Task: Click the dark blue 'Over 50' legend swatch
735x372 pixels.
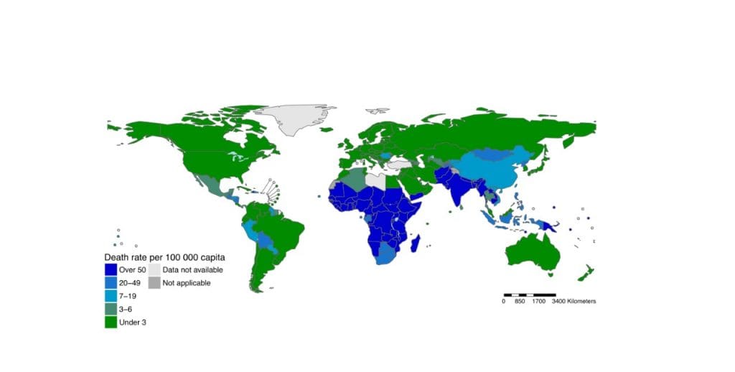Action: (111, 269)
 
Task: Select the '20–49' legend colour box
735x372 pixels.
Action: (111, 283)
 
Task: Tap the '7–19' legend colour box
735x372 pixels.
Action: (111, 296)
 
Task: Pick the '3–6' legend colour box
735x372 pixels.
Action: (111, 309)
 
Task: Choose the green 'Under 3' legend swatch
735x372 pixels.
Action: (111, 322)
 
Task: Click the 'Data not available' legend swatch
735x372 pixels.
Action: (154, 269)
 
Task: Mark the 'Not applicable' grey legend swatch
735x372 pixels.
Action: (154, 283)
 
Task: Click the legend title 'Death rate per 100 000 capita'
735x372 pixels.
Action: (165, 256)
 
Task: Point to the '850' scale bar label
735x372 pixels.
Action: (521, 302)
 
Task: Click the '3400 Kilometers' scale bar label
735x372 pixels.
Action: (574, 302)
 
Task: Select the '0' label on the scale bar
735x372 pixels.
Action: (504, 302)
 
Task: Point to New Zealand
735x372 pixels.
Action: (586, 272)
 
